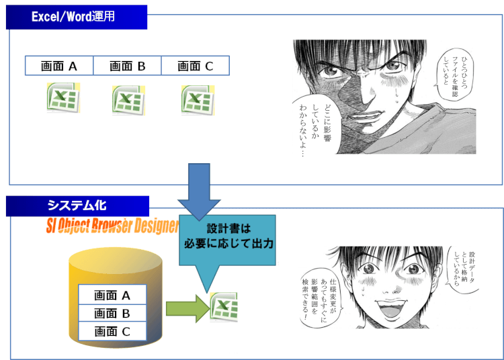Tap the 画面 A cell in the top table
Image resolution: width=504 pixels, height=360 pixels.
pyautogui.click(x=59, y=66)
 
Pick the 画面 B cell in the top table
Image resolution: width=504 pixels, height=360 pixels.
pyautogui.click(x=128, y=66)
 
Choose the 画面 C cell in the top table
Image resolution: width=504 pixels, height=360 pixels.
pyautogui.click(x=196, y=66)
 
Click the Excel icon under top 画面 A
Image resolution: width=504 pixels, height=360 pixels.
pyautogui.click(x=62, y=98)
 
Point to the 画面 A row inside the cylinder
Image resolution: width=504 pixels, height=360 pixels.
pyautogui.click(x=112, y=295)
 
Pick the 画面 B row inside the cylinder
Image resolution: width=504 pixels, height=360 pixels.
pyautogui.click(x=112, y=313)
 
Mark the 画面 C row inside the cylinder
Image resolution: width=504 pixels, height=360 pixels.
pyautogui.click(x=112, y=331)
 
